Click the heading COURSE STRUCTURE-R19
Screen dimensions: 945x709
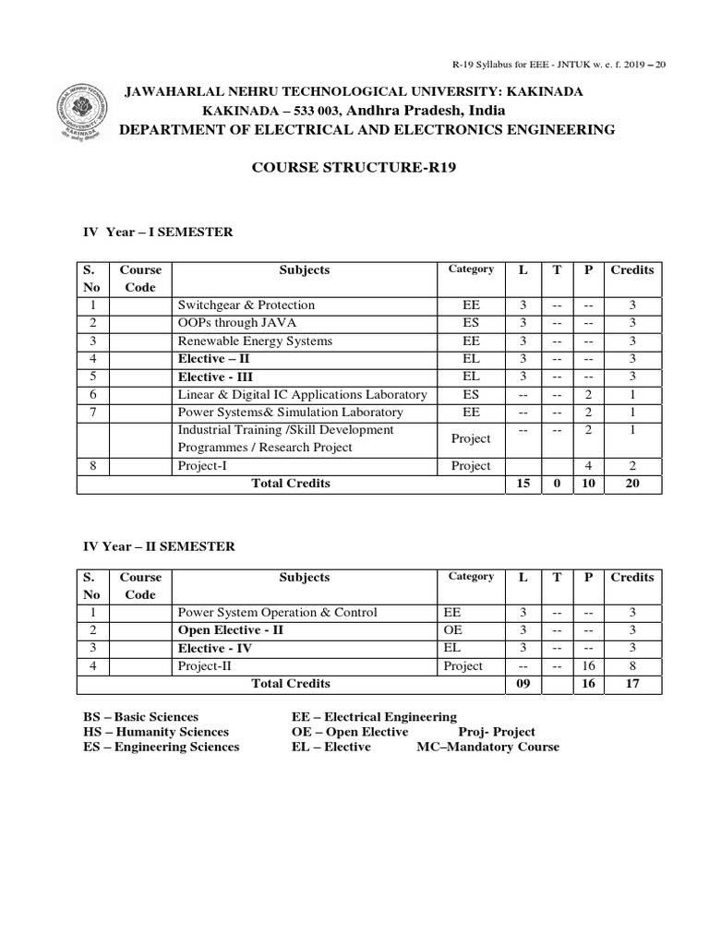[x=354, y=169]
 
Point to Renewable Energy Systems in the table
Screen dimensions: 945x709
[x=255, y=341]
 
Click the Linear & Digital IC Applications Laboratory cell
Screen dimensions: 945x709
[x=302, y=395]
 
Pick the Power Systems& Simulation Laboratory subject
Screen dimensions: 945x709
[x=290, y=413]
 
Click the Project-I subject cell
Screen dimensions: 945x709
[x=202, y=466]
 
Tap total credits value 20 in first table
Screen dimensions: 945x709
[x=631, y=484]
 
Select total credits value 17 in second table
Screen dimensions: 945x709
[x=631, y=685]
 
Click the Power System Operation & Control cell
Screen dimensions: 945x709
[x=277, y=613]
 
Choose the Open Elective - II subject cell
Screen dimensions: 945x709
[x=230, y=630]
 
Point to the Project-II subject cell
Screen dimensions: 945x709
[x=204, y=666]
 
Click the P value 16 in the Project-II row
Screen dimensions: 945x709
[x=587, y=666]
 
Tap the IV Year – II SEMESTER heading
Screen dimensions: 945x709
[x=159, y=547]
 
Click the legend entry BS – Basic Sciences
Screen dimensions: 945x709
[x=140, y=717]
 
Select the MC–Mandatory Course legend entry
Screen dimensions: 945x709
[x=487, y=747]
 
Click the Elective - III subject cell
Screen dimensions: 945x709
[x=215, y=377]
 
